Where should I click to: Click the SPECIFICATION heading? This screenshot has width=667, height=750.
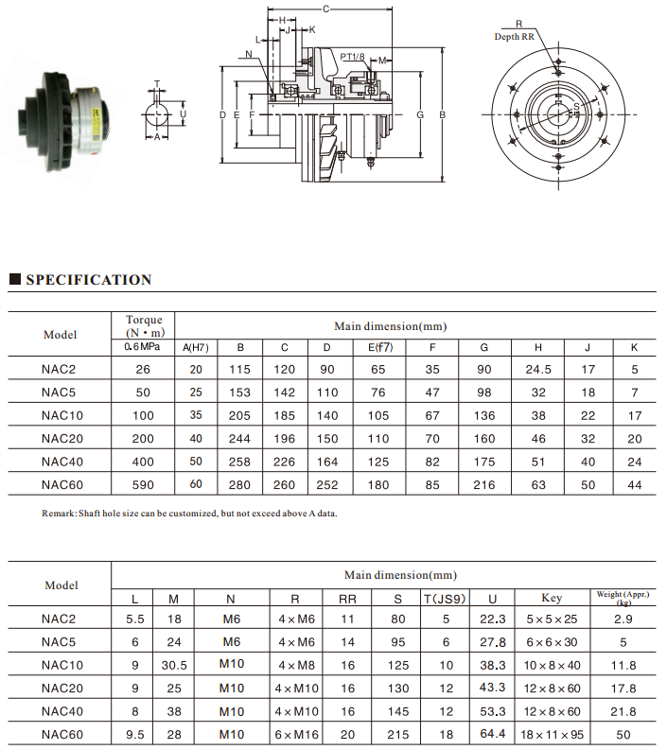[88, 280]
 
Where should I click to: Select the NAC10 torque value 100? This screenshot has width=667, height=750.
[143, 415]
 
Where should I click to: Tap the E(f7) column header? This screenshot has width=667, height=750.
[379, 347]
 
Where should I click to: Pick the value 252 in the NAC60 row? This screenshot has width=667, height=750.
[326, 484]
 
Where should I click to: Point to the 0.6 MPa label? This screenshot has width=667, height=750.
[143, 347]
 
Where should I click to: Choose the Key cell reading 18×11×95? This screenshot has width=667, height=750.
[551, 734]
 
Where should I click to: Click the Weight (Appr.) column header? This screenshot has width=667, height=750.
[623, 597]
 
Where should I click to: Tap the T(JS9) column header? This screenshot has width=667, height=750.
[444, 599]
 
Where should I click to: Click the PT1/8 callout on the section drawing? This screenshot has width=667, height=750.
[352, 57]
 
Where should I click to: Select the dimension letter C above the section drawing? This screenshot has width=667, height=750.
[325, 9]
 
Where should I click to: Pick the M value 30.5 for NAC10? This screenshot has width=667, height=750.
[173, 666]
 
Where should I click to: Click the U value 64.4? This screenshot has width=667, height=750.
[492, 734]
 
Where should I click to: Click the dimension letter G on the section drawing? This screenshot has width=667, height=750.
[419, 114]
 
